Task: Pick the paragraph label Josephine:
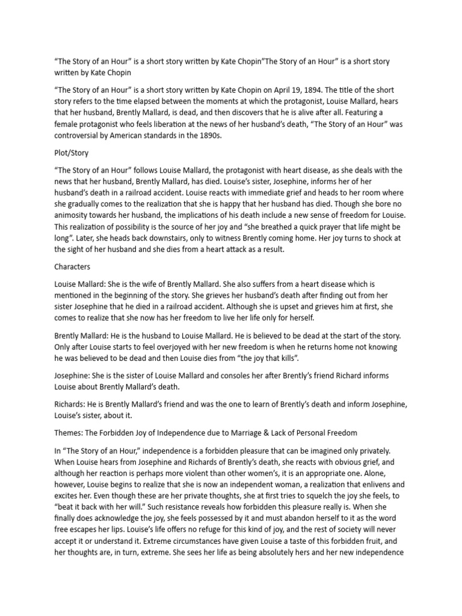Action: coord(75,375)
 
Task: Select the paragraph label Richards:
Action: coord(72,404)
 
